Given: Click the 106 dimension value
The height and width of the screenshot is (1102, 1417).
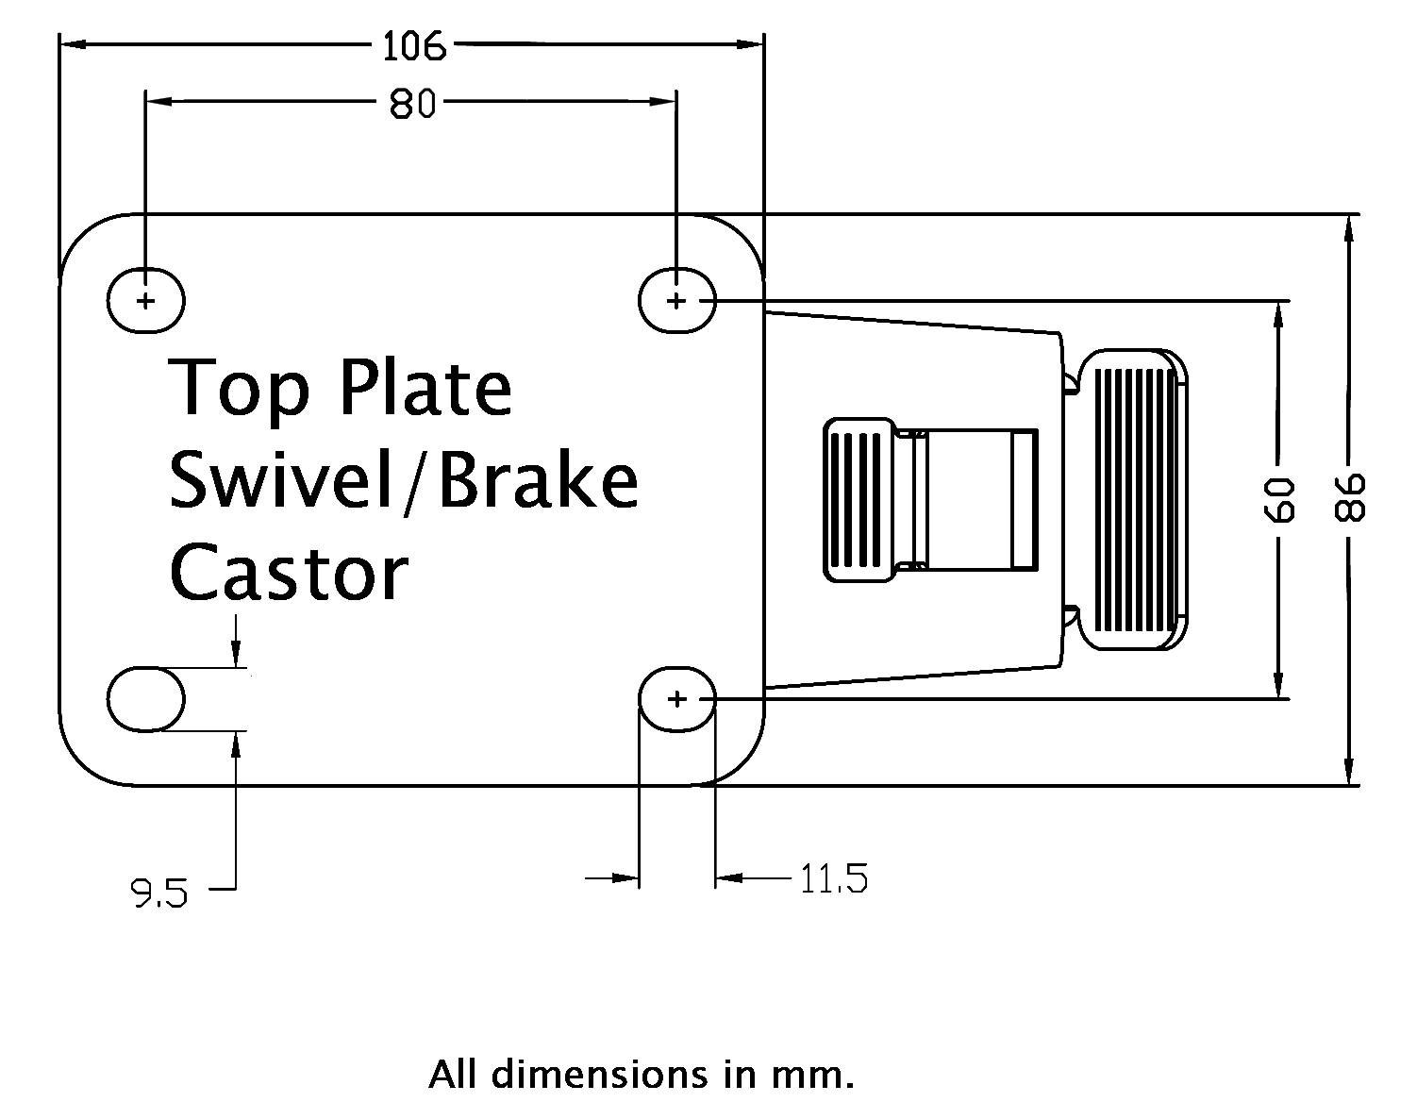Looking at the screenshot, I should [412, 44].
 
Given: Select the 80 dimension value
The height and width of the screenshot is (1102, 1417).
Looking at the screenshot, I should [412, 104].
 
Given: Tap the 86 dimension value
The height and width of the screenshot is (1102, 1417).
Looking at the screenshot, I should [1351, 497].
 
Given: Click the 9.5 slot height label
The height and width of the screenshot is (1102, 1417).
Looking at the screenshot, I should [159, 891].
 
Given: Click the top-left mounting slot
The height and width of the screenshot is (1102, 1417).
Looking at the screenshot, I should [145, 301].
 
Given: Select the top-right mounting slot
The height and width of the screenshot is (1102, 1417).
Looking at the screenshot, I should [676, 301].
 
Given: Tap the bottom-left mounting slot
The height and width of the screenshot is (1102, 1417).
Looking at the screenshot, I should [145, 699].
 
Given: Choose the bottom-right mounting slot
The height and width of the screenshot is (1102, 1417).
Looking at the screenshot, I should [676, 699].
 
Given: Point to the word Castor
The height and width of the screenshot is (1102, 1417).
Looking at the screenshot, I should [289, 573].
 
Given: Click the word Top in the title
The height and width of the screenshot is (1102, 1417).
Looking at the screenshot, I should [239, 389].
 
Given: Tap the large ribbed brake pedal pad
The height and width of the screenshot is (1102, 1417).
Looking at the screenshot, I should [1132, 499].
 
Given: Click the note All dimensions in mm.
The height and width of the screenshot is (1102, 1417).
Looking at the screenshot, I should [642, 1074].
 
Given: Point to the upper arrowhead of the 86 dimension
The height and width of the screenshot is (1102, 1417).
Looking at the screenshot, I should [1351, 227].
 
